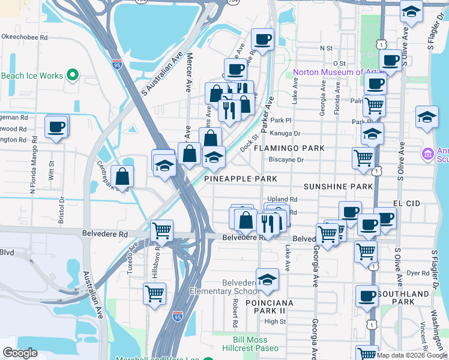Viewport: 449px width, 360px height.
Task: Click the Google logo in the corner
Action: pyautogui.click(x=20, y=353)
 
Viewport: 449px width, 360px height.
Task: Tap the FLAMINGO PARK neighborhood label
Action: pyautogui.click(x=289, y=148)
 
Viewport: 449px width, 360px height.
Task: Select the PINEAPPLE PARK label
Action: pyautogui.click(x=241, y=179)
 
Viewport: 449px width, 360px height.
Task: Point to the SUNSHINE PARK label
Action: pyautogui.click(x=338, y=187)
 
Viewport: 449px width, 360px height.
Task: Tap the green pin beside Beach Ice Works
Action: pyautogui.click(x=73, y=76)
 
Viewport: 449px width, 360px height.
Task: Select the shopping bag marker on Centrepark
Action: pyautogui.click(x=122, y=176)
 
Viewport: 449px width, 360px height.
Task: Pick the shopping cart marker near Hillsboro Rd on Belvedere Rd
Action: pyautogui.click(x=161, y=230)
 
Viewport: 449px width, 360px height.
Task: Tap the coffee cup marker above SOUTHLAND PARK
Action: pyautogui.click(x=367, y=295)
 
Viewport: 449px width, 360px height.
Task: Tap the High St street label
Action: pyautogui.click(x=275, y=322)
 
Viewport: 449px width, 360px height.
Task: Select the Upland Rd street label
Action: pyautogui.click(x=283, y=199)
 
